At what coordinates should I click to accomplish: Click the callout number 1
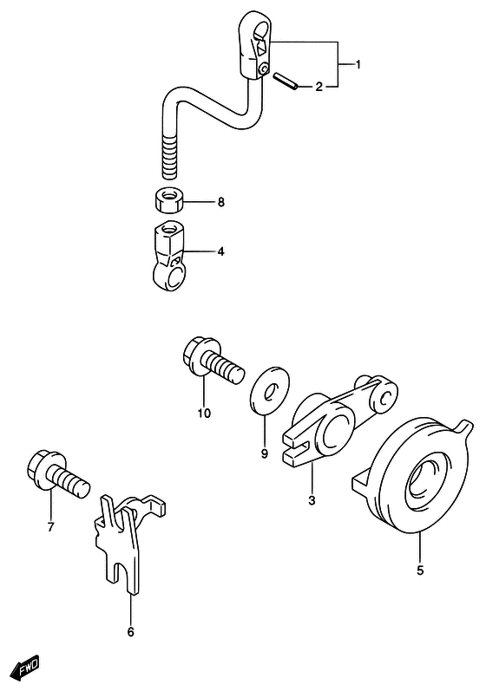[x=358, y=65]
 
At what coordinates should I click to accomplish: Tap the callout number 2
[x=319, y=87]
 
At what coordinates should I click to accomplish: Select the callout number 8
[x=220, y=202]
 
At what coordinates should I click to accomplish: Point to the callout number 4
[x=220, y=251]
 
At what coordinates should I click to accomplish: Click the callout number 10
[x=204, y=414]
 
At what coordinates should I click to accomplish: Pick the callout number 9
[x=264, y=453]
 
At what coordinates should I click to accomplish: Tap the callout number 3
[x=312, y=500]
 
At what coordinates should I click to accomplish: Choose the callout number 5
[x=420, y=570]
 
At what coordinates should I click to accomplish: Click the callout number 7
[x=50, y=526]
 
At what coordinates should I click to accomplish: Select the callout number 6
[x=130, y=632]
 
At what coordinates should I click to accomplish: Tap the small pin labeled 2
[x=286, y=81]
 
